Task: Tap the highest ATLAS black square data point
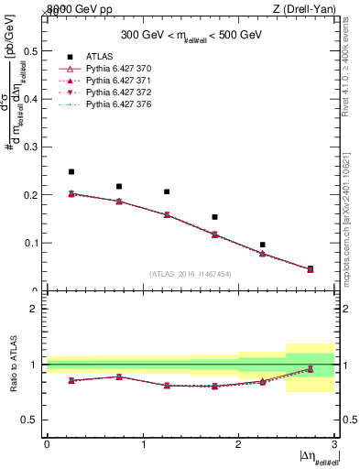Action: tap(71, 171)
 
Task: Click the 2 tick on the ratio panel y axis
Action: tap(35, 309)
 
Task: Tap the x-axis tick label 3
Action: tap(335, 444)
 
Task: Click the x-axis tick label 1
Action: tap(143, 444)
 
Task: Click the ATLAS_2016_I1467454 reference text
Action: tap(191, 274)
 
